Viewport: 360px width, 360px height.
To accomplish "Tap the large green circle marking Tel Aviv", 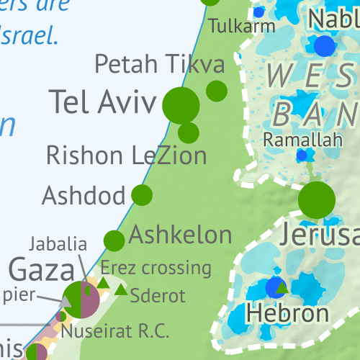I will [x=181, y=105].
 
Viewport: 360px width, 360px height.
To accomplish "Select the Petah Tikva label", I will [x=160, y=65].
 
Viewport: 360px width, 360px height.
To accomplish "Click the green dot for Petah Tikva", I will [x=217, y=91].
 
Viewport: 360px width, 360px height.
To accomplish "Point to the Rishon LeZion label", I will [x=126, y=154].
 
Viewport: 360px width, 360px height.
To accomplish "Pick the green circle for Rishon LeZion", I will [x=189, y=132].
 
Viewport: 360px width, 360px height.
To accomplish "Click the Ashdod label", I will [x=84, y=194].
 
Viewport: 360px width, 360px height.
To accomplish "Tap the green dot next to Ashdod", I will [x=142, y=194].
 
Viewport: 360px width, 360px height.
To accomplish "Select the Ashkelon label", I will [x=181, y=235].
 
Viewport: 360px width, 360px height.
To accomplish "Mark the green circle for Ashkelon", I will [x=114, y=240].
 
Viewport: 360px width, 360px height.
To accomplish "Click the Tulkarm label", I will [x=242, y=26].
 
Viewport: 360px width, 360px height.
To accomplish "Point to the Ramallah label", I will [x=302, y=140].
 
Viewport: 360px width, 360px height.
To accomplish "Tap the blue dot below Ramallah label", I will [x=302, y=156].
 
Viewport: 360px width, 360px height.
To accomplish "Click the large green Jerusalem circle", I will [x=317, y=200].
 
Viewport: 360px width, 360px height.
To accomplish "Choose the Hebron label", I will [x=287, y=313].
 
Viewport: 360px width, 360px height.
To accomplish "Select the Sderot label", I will [x=158, y=295].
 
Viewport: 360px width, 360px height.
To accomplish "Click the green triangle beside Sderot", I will [x=121, y=290].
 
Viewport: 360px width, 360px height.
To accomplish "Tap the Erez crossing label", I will [x=156, y=269].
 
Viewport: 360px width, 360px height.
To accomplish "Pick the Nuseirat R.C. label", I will [x=115, y=331].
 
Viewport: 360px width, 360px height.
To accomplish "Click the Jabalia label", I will [x=58, y=243].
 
